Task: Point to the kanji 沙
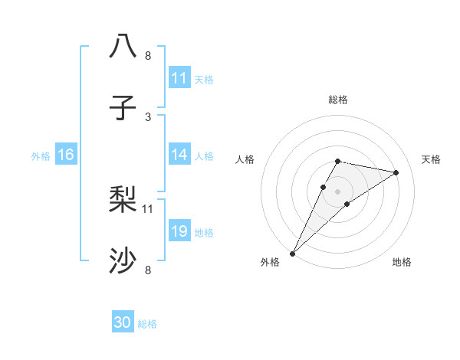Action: point(123,261)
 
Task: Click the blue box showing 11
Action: point(179,78)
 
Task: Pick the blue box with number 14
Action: point(179,155)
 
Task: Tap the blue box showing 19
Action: point(179,231)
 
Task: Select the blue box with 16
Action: point(66,155)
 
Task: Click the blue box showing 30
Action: point(123,322)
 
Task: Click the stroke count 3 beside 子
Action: point(148,116)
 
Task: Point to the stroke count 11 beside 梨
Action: point(148,208)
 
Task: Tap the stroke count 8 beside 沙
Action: point(148,269)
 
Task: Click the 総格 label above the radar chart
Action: point(338,100)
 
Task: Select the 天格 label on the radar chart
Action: point(432,159)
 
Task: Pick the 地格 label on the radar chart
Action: point(402,262)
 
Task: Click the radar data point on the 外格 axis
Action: point(293,253)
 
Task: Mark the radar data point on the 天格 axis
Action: point(396,172)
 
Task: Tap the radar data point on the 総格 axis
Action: point(338,161)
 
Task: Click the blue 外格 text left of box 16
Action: point(41,155)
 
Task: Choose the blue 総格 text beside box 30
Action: point(147,323)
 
